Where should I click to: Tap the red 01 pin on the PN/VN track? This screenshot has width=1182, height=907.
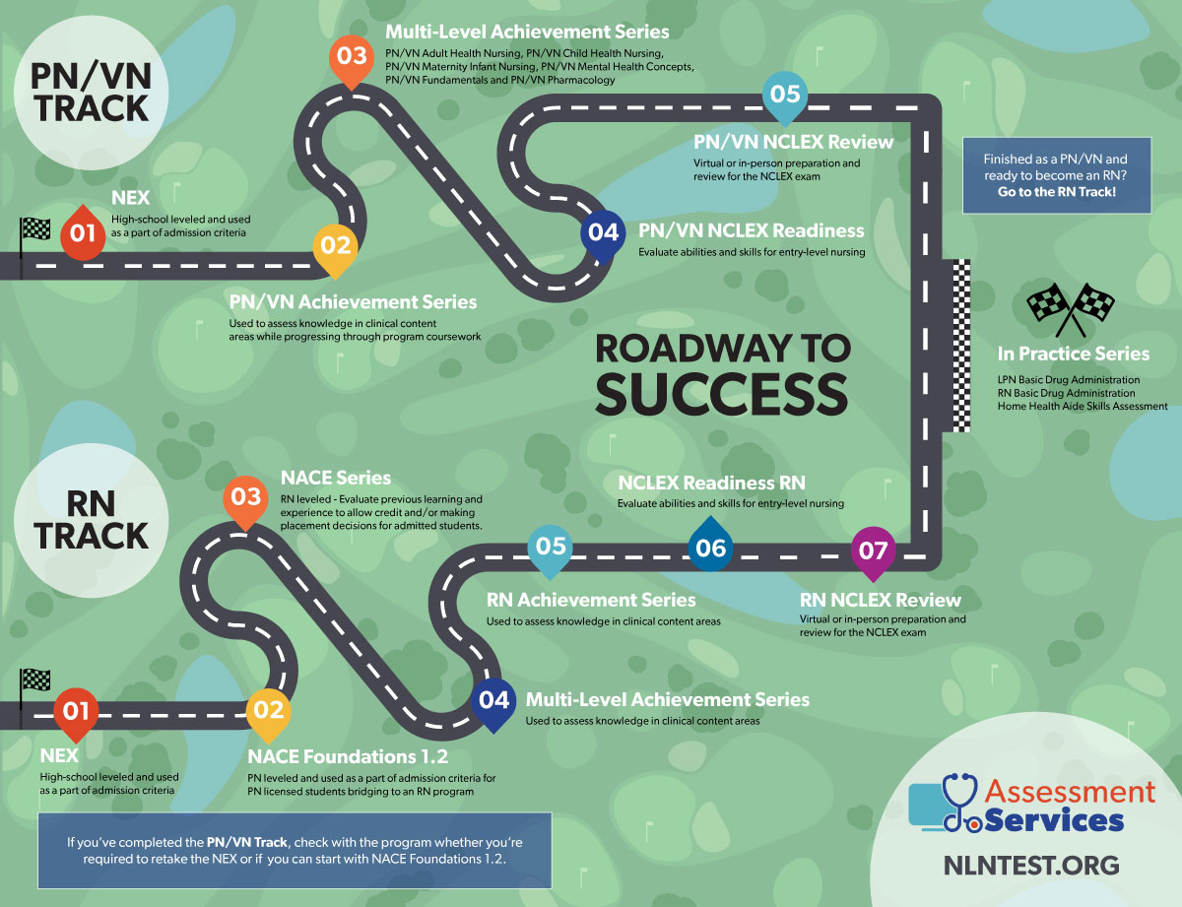point(82,232)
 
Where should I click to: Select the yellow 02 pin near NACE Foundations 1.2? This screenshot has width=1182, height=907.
point(268,710)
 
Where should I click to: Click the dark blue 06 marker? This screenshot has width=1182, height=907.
point(710,549)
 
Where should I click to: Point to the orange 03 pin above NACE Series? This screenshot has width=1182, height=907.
point(245,497)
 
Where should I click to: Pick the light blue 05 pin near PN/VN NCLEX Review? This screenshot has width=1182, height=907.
point(786,97)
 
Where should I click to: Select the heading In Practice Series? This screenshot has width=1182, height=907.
point(1073,354)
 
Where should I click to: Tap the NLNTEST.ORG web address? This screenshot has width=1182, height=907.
point(1029,866)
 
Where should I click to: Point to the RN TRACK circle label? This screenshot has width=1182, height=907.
point(92,520)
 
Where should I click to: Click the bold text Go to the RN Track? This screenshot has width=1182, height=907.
point(1056,191)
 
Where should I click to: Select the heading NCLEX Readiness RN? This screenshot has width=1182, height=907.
point(711,484)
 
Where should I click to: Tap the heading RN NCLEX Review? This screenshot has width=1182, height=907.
point(880,600)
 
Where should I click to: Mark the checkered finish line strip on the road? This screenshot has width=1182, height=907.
point(960,345)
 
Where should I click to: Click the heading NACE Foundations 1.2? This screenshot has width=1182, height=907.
point(348,757)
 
